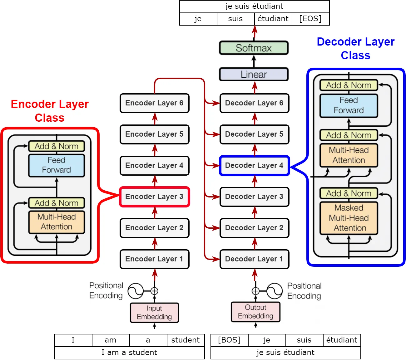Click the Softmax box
[x=254, y=48]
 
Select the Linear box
[x=254, y=74]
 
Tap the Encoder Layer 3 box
[x=155, y=197]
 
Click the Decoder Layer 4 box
[x=255, y=166]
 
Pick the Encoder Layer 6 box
[x=155, y=103]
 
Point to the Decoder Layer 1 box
[x=255, y=259]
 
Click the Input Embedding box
[x=155, y=313]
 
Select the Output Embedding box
[x=255, y=312]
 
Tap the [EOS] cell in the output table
[x=310, y=19]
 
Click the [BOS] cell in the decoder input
[x=230, y=340]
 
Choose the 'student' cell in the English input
[x=186, y=340]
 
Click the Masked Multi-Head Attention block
[x=349, y=218]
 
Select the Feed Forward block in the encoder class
[x=57, y=165]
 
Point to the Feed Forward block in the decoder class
[x=349, y=105]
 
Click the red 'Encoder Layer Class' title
[x=50, y=111]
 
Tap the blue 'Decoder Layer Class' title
[x=356, y=48]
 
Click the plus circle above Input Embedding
[x=154, y=291]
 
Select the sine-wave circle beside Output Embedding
[x=275, y=291]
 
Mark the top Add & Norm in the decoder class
[x=349, y=85]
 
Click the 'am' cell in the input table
[x=111, y=340]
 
